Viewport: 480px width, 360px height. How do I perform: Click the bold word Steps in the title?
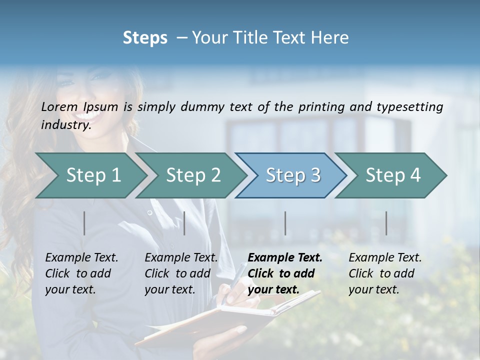(x=145, y=38)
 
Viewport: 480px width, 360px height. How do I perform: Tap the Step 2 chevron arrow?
(x=193, y=175)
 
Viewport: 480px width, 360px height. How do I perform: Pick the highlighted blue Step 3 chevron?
(x=293, y=175)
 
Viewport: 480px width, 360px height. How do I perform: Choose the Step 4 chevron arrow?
(x=393, y=175)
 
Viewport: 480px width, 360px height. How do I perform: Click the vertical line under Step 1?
(x=84, y=223)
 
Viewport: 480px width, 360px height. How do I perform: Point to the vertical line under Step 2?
(x=184, y=223)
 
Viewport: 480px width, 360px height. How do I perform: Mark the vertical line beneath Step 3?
(x=285, y=223)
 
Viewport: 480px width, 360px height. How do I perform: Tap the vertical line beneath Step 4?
(x=386, y=223)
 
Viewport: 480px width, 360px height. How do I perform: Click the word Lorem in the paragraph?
(x=59, y=106)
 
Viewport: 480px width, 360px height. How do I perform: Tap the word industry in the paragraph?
(x=65, y=125)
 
